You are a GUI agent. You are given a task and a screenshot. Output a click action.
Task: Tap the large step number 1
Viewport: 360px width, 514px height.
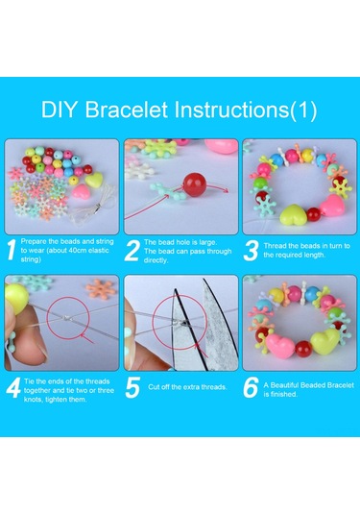(12, 250)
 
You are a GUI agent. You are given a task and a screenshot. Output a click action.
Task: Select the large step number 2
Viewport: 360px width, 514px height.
(132, 251)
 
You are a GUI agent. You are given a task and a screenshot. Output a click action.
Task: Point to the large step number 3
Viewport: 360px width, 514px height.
(252, 251)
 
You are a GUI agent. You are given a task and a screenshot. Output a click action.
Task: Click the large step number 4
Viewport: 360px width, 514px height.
(13, 388)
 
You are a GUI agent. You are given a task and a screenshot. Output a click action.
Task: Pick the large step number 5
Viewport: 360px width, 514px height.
(132, 387)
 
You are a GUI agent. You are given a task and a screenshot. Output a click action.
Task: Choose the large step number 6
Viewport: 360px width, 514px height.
(252, 387)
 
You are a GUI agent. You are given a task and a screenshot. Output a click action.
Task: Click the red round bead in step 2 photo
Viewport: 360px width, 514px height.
(195, 184)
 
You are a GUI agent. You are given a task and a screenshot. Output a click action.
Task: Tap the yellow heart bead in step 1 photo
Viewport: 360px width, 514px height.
(94, 179)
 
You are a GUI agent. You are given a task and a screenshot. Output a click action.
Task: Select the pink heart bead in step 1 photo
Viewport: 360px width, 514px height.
(81, 191)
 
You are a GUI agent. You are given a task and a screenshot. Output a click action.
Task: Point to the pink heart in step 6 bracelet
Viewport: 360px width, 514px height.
(280, 346)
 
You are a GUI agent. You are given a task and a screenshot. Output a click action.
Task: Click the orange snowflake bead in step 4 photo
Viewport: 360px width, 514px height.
(101, 289)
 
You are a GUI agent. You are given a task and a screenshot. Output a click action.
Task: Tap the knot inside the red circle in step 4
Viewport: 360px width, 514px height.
(66, 318)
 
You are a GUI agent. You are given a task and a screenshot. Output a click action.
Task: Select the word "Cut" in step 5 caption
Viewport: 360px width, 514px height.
(154, 387)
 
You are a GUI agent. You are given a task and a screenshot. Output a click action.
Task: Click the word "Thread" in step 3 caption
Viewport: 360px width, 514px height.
(274, 246)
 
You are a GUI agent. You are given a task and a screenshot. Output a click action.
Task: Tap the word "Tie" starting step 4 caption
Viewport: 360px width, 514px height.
(29, 381)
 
